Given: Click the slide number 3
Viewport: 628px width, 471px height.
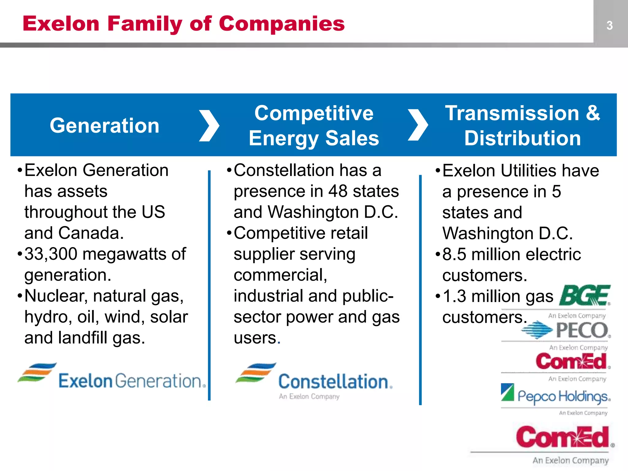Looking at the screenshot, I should point(609,25).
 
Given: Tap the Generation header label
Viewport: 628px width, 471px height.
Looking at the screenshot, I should point(105,126).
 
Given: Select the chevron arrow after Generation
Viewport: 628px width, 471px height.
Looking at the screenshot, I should point(209,126).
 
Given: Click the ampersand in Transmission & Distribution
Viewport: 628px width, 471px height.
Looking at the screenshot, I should point(593,113).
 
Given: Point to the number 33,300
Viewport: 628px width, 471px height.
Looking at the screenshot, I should point(51,254).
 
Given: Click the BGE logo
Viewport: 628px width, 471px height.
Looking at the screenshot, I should point(584,296).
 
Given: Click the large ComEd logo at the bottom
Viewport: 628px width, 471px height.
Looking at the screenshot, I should point(563,437).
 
